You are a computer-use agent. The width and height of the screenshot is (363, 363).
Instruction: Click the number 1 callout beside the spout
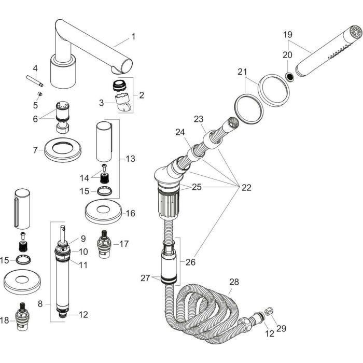pyautogui.click(x=133, y=36)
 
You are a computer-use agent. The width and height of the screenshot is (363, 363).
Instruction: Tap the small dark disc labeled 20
pyautogui.click(x=291, y=76)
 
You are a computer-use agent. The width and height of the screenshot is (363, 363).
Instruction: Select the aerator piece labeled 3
pyautogui.click(x=122, y=101)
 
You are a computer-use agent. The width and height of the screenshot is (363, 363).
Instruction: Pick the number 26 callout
pyautogui.click(x=190, y=262)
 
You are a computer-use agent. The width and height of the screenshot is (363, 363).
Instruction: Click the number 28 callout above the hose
pyautogui.click(x=234, y=282)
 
